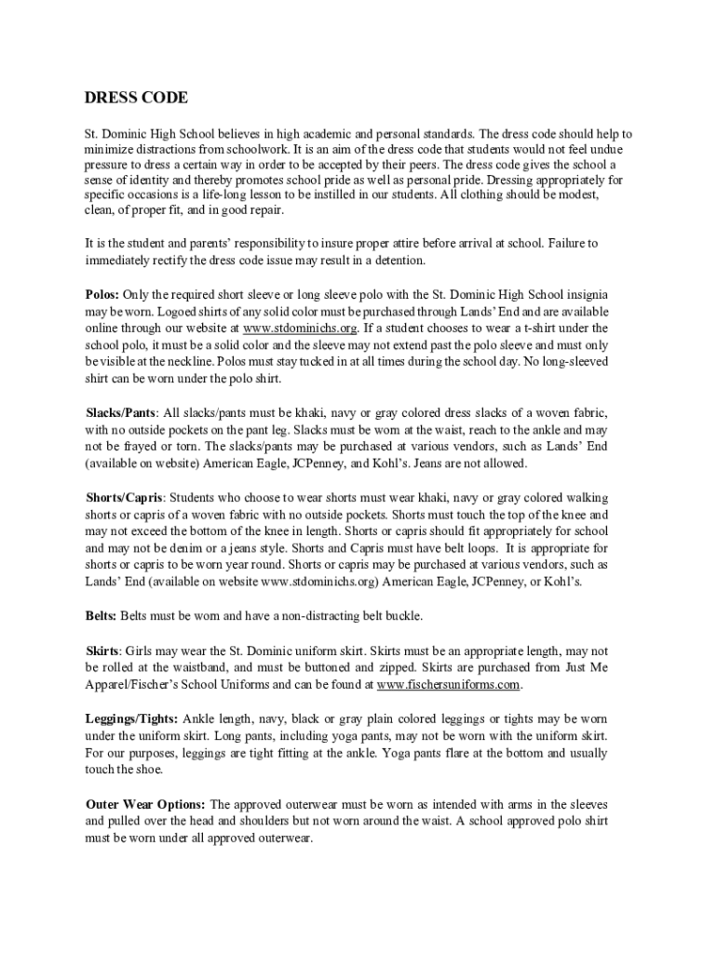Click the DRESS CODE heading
point(136,99)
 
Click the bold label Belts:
point(101,615)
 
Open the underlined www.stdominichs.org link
point(299,328)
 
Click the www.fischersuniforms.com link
point(448,684)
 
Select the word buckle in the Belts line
point(403,615)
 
